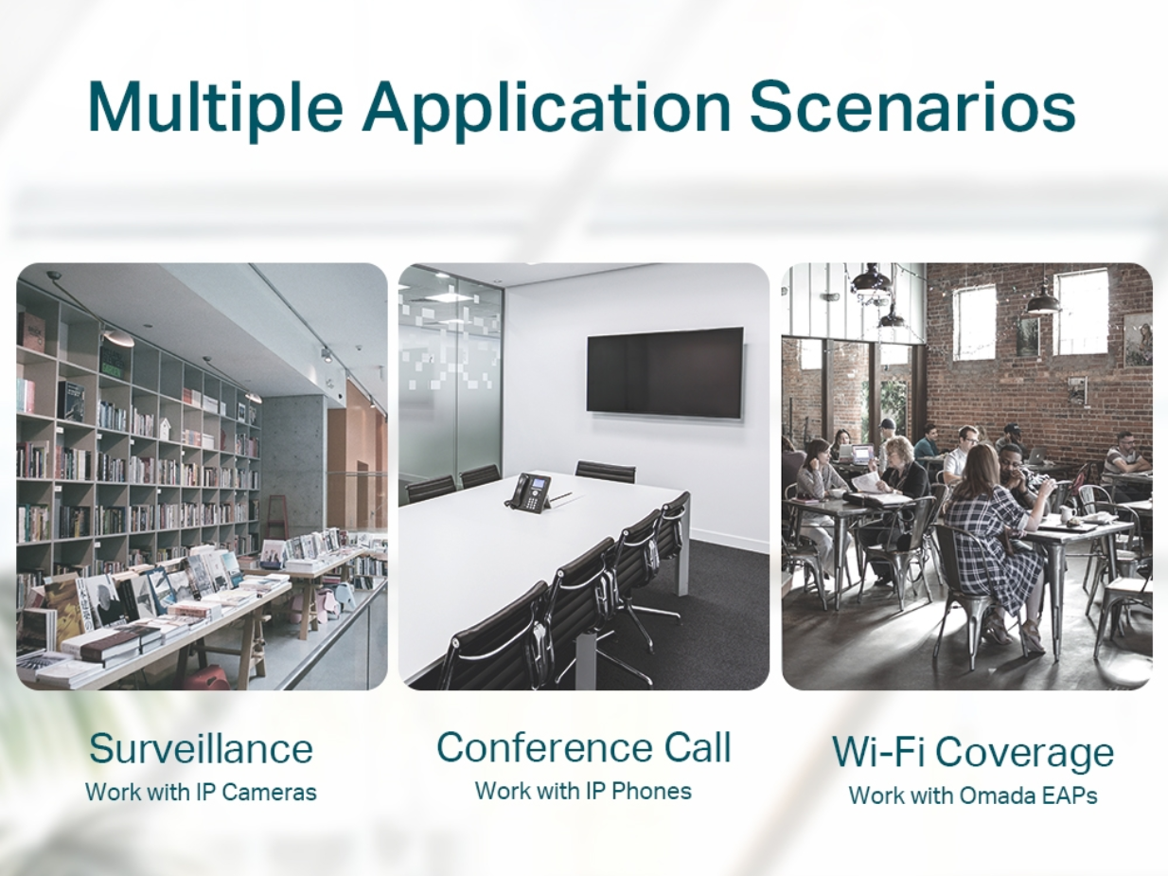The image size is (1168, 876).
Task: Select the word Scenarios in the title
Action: tap(912, 105)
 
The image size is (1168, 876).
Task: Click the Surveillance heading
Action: tap(202, 749)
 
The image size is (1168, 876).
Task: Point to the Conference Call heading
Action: tap(584, 747)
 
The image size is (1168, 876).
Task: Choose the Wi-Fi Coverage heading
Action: tap(973, 753)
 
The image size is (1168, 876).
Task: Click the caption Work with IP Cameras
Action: tap(202, 793)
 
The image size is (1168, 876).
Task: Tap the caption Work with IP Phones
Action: tap(583, 791)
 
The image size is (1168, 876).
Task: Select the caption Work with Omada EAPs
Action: tap(973, 796)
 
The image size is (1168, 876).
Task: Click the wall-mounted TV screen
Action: tap(665, 372)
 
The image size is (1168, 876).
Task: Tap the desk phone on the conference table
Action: tap(528, 492)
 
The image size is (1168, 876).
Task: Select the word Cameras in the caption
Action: tap(269, 793)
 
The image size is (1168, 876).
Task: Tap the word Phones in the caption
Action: tap(651, 791)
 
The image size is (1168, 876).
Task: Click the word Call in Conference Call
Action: tap(698, 747)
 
